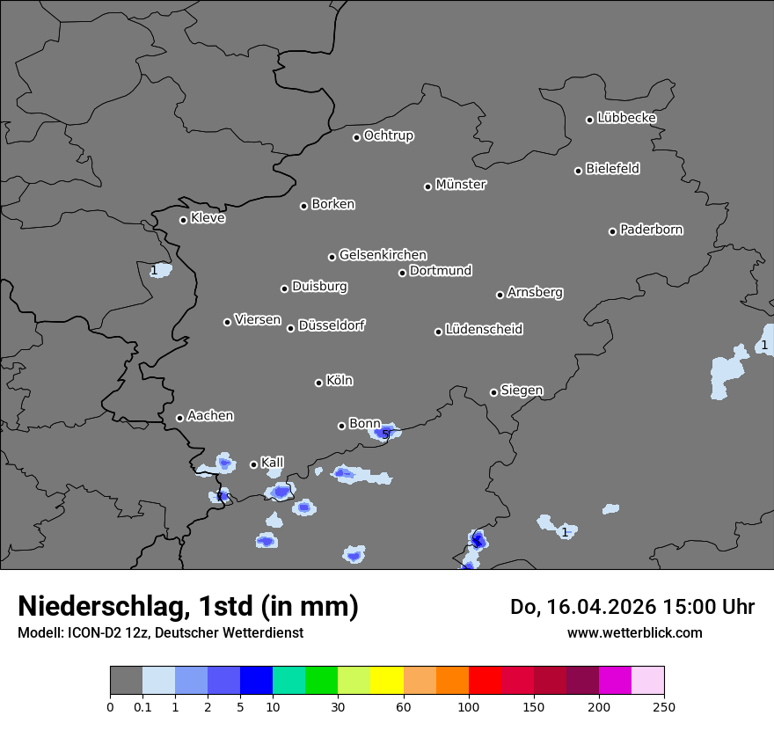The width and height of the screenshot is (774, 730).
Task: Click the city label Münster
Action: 461,185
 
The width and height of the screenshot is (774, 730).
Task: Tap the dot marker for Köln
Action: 318,383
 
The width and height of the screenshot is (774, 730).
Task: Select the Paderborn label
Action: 652,230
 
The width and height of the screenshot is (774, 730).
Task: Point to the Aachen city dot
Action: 179,418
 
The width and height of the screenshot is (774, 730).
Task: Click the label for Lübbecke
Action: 627,118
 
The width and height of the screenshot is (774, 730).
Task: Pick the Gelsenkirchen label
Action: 383,255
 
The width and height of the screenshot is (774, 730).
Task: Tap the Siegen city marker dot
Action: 493,392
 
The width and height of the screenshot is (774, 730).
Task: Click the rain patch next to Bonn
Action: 385,433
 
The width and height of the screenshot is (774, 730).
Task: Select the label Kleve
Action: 208,218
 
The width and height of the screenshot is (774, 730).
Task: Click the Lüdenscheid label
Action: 484,330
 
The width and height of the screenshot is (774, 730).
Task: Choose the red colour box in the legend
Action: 485,681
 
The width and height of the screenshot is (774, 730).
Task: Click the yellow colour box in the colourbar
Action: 387,681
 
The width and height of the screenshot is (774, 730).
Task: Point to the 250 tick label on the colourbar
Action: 664,707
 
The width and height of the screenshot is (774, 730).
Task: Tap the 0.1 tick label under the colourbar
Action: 142,707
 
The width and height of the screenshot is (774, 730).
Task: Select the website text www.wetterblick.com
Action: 635,632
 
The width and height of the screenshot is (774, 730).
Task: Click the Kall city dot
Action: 253,464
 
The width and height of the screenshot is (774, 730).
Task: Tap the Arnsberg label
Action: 535,292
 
